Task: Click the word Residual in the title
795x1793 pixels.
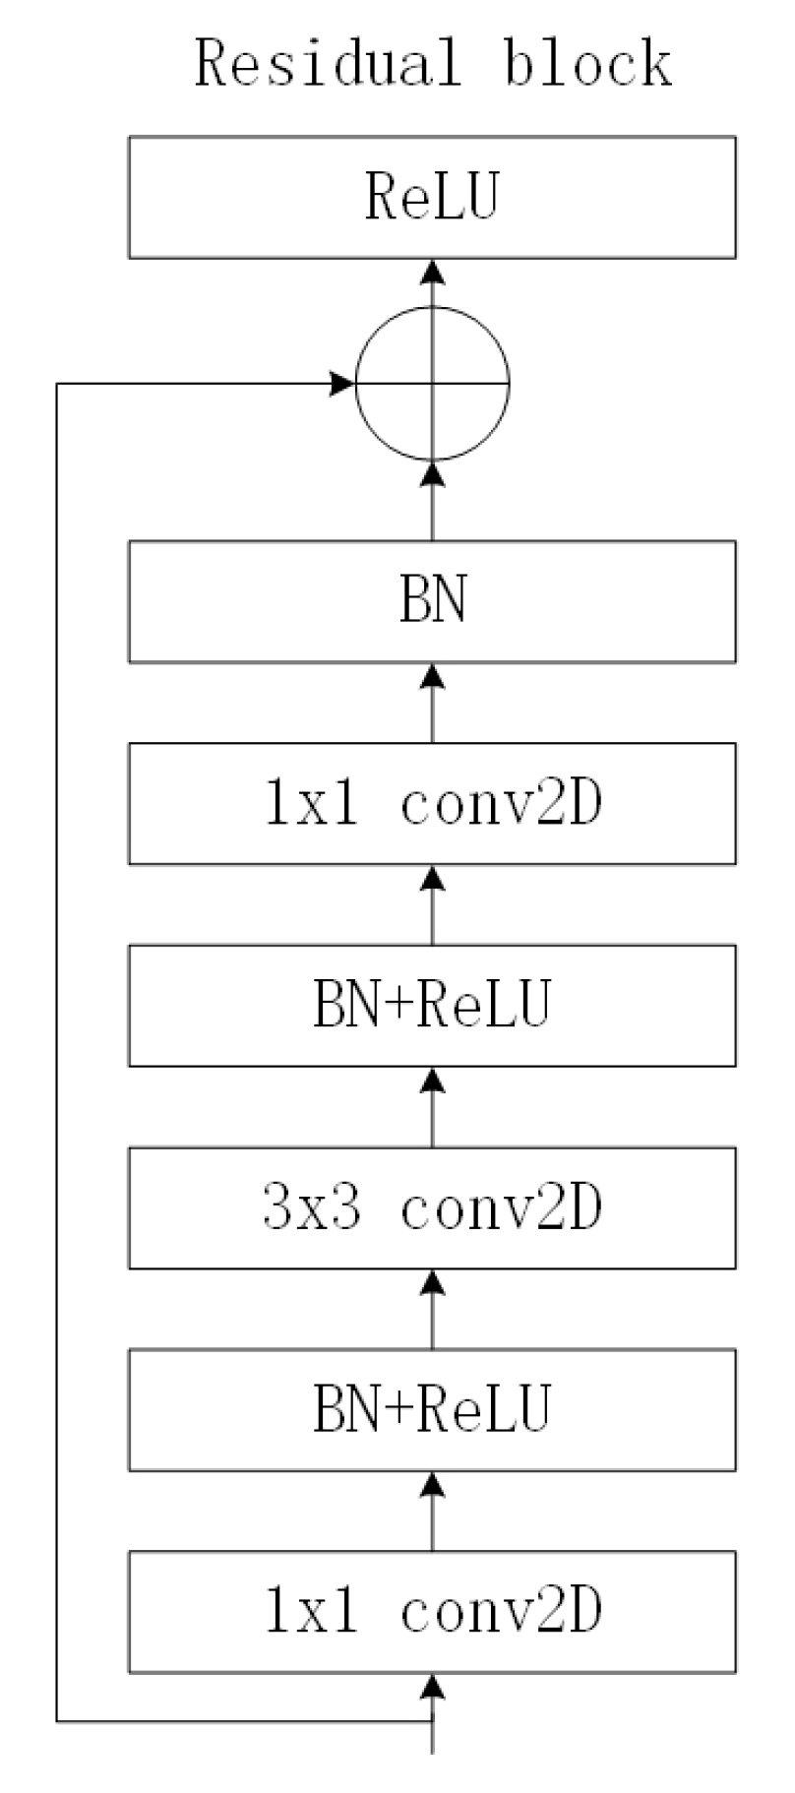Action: click(327, 65)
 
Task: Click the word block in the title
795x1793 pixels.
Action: click(587, 65)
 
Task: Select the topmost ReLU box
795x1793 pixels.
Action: click(432, 197)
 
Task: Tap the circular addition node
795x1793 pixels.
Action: click(432, 383)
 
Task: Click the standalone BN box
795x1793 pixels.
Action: click(432, 601)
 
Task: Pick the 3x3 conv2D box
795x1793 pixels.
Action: click(432, 1207)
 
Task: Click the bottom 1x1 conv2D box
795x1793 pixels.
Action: click(432, 1612)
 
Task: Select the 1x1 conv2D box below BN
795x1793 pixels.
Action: click(432, 803)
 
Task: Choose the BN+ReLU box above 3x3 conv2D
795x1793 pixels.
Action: click(432, 1006)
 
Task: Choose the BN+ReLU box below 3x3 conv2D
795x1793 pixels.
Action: click(432, 1409)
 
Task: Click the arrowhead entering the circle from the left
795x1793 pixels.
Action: click(341, 383)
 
